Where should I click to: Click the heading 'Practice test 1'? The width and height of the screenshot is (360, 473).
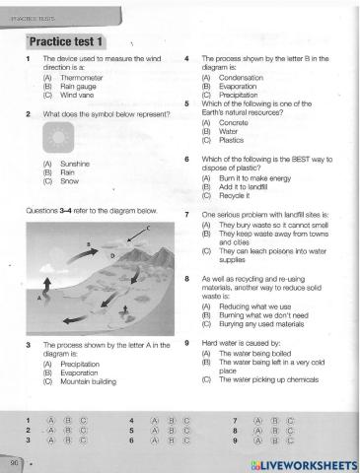coord(73,43)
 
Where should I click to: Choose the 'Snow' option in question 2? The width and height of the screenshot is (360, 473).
coord(69,180)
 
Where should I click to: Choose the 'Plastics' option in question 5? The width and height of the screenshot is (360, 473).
coord(233,139)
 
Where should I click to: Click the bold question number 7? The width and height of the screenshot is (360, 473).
coord(187,214)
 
